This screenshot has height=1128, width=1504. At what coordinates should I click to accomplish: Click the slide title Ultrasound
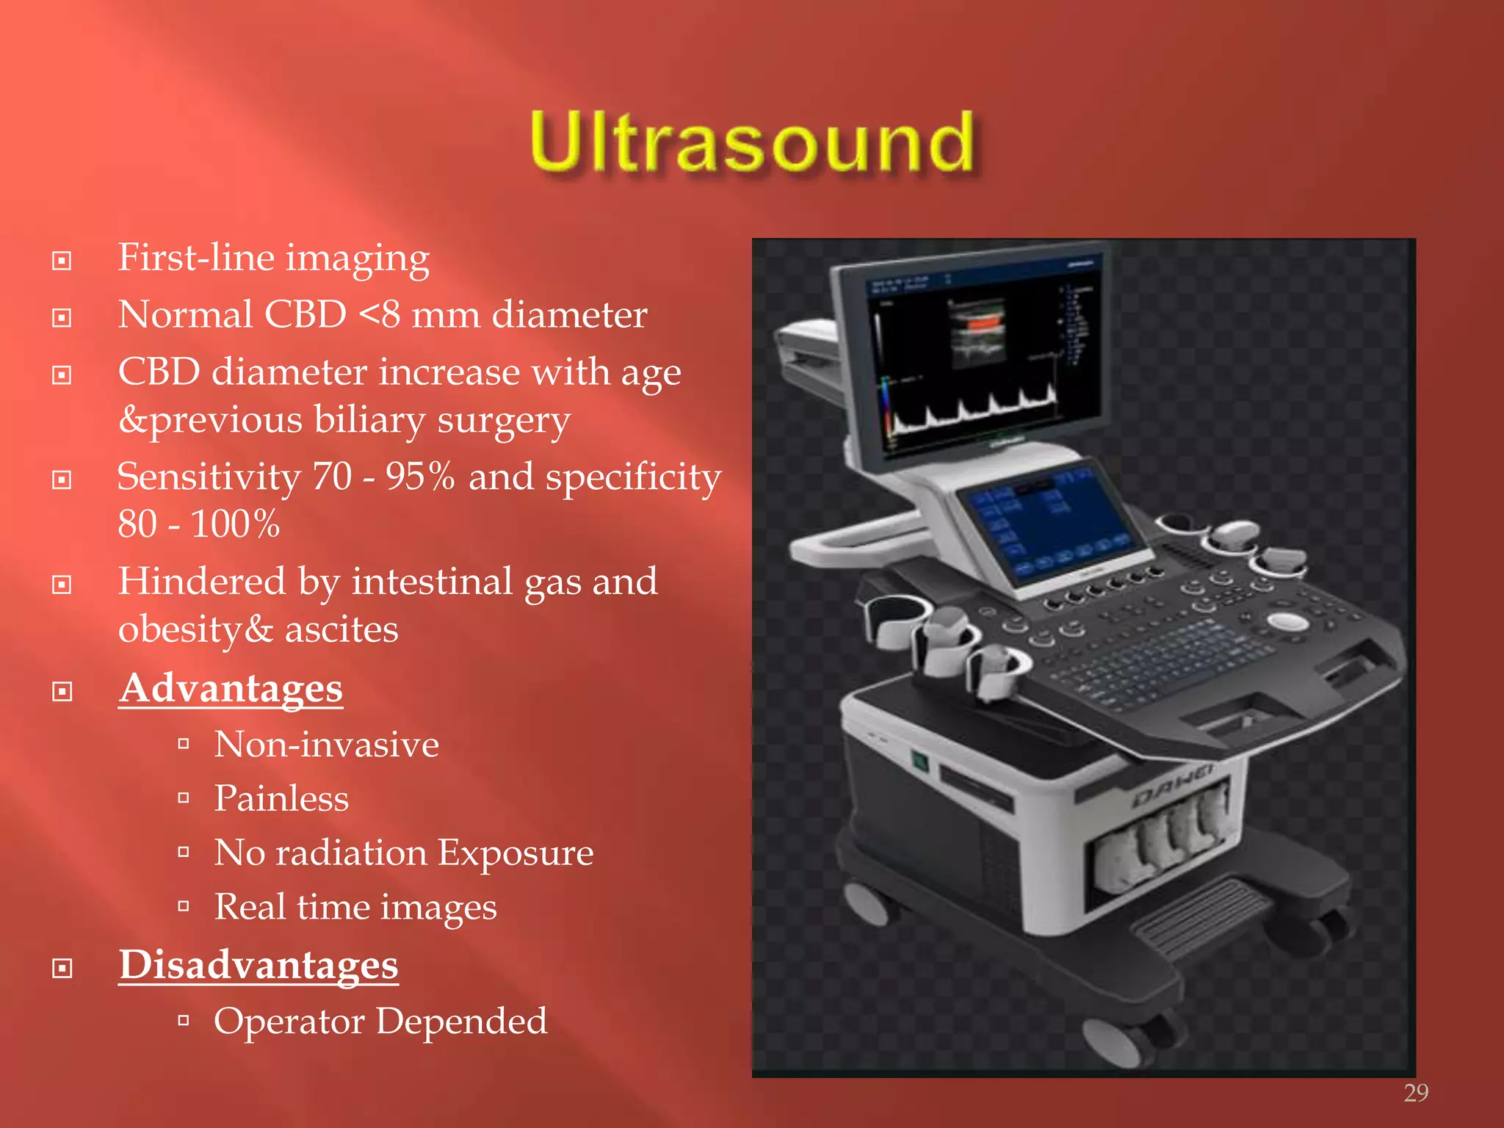pos(752,141)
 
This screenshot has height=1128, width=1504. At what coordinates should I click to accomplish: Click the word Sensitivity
pos(209,477)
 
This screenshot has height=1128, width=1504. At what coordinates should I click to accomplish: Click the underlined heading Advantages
pos(231,689)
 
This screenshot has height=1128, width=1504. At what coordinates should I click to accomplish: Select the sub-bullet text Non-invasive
pos(326,745)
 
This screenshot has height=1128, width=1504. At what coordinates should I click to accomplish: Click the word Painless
pos(281,799)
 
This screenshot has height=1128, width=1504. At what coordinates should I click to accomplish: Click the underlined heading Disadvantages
pos(258,965)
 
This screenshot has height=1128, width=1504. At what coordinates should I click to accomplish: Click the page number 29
pos(1415,1093)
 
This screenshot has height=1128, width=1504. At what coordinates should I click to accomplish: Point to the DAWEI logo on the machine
pos(1173,787)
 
